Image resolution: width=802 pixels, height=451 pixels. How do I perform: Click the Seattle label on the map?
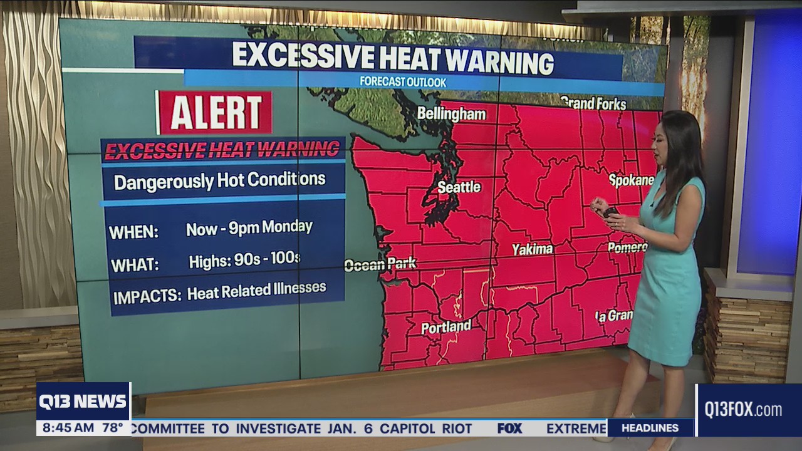[459, 187]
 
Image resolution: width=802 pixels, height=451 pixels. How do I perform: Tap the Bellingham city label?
[451, 114]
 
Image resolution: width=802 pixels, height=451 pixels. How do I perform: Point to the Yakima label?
[533, 249]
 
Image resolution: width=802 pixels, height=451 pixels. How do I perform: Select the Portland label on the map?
[445, 327]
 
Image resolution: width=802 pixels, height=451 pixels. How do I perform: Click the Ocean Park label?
[380, 264]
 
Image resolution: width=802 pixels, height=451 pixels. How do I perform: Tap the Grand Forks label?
[593, 103]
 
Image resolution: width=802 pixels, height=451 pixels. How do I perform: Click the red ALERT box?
[215, 113]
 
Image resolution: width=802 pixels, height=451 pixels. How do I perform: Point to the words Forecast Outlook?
[403, 82]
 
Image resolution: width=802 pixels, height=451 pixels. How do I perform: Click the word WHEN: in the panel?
[133, 232]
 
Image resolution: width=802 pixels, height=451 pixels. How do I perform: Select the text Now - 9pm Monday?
[249, 228]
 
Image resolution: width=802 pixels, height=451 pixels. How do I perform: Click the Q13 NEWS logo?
[83, 402]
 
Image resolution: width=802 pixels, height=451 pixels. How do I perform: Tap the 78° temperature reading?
[113, 428]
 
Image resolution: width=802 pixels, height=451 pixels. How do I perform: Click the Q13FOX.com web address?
[743, 410]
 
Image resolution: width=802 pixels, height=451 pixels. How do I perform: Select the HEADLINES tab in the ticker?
[649, 428]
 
